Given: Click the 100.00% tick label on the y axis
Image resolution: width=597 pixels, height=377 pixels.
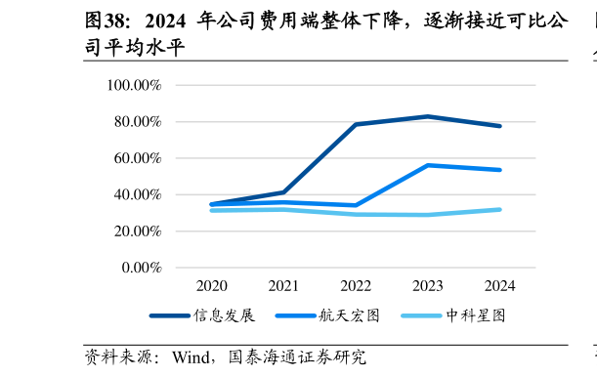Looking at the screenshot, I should click(134, 85).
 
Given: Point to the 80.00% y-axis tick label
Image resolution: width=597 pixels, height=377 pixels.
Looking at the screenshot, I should click(137, 122).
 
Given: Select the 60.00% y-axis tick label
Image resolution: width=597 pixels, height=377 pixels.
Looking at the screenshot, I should click(137, 158).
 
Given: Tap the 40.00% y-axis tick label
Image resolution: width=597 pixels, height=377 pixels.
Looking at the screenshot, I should click(137, 194).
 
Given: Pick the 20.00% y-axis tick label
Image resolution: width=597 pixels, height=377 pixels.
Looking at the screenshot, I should click(137, 231).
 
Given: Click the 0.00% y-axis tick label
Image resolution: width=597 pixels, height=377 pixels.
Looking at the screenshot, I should click(140, 268).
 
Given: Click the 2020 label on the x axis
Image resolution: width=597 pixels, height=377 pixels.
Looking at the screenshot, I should click(211, 286).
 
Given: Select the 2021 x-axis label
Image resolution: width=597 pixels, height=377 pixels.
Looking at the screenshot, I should click(283, 286).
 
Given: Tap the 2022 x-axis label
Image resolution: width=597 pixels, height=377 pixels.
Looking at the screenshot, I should click(356, 286).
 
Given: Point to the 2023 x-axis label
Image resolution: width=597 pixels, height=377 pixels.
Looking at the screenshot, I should click(428, 286).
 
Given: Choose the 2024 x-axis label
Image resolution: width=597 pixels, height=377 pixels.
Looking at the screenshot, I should click(499, 286).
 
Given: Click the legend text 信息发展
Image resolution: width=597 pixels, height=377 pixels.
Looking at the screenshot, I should click(224, 315).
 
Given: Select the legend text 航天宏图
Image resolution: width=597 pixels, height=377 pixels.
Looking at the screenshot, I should click(349, 315).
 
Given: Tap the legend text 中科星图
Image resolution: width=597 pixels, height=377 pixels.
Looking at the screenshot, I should click(475, 315).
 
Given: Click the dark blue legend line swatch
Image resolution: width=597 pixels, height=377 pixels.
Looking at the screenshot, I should click(169, 315).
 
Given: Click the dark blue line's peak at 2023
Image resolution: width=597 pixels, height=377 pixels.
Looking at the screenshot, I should click(428, 116).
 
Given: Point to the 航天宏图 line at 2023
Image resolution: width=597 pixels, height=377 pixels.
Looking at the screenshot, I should click(428, 165).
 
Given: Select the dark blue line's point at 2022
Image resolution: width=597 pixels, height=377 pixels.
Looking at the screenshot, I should click(356, 124).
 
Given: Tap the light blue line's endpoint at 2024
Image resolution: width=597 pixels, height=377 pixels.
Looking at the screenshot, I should click(499, 209).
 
